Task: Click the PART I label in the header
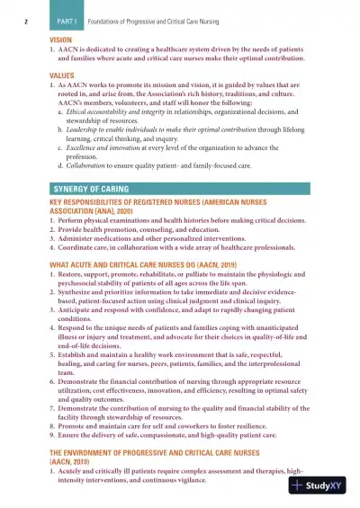click(x=68, y=19)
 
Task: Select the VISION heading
click(x=62, y=40)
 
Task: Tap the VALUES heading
click(x=62, y=75)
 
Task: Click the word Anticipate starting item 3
click(x=79, y=319)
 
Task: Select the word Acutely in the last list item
click(x=75, y=471)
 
